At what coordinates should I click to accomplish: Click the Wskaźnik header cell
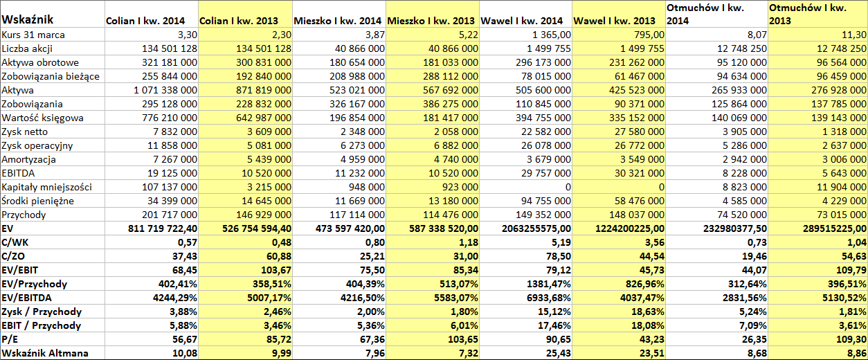[x=27, y=19]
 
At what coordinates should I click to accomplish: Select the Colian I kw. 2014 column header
[x=145, y=21]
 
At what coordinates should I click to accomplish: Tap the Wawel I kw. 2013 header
[x=614, y=21]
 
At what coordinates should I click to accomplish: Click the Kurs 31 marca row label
[x=33, y=35]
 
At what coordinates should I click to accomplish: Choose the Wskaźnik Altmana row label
[x=45, y=353]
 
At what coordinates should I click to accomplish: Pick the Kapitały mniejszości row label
[x=46, y=187]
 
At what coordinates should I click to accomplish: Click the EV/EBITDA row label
[x=26, y=298]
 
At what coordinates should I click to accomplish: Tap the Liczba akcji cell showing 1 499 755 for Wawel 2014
[x=543, y=49]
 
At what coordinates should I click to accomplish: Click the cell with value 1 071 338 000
[x=165, y=90]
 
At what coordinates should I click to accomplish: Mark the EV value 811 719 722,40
[x=163, y=228]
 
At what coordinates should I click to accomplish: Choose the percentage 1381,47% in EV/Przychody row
[x=549, y=284]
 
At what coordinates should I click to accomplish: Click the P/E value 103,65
[x=462, y=339]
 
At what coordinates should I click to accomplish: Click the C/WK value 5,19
[x=560, y=242]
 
